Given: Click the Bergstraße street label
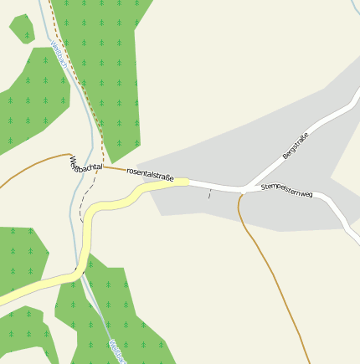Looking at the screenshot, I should point(296,146).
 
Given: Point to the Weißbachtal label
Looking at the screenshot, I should point(85,166).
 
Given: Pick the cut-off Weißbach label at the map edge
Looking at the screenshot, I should point(116,352).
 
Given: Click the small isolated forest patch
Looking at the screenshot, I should point(21,28).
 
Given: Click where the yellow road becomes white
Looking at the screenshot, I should point(189,182).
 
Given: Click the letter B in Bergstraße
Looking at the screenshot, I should point(285,156).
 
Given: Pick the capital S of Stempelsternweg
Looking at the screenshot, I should point(264,186).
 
